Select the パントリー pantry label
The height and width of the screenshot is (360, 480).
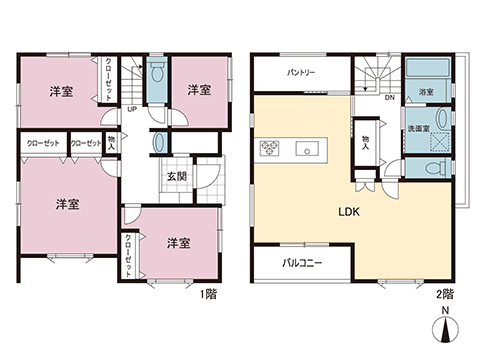click(x=302, y=73)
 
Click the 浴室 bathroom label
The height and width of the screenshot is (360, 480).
click(x=426, y=92)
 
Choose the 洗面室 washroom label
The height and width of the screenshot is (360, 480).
click(x=417, y=127)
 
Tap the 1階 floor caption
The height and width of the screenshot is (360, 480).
click(x=209, y=294)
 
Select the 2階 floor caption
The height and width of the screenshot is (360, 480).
click(x=447, y=294)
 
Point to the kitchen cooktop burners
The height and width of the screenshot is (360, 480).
click(x=270, y=150)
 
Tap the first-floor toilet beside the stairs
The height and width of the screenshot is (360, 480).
click(x=156, y=76)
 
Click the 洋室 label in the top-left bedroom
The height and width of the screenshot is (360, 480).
click(x=61, y=92)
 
